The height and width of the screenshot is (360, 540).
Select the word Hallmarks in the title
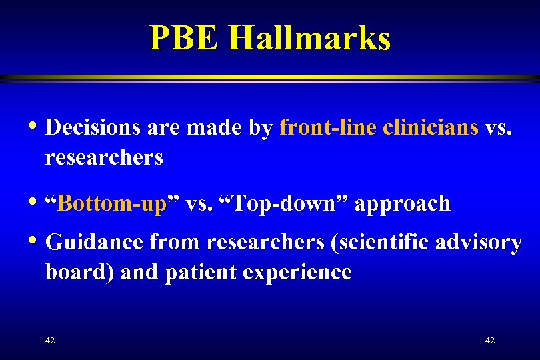309,38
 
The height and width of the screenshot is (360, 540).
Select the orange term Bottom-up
111,203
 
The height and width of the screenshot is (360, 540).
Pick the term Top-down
282,203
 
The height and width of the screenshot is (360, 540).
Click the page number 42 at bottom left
49,341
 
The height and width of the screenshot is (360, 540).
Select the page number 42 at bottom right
489,341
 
